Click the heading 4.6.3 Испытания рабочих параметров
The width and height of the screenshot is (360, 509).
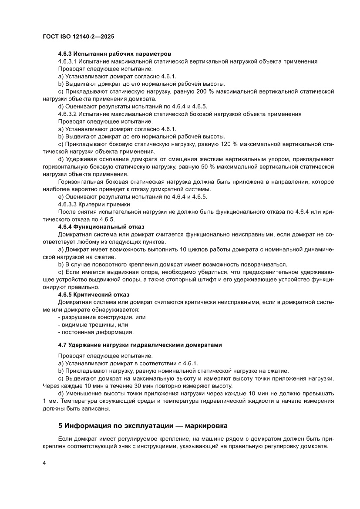click(x=111, y=54)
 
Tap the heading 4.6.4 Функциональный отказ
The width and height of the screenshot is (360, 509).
click(x=101, y=227)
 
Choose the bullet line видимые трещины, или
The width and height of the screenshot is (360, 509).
click(x=93, y=325)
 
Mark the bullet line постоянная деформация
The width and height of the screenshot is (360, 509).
click(x=95, y=332)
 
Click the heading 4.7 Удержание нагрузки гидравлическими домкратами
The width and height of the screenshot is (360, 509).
click(x=140, y=345)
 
